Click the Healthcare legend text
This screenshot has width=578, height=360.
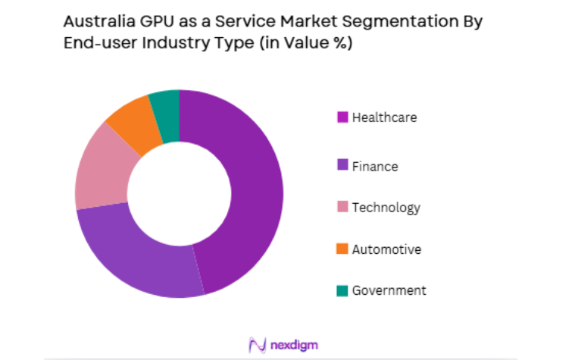384,117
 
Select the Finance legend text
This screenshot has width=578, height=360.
374,166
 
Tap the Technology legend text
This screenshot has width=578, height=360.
386,207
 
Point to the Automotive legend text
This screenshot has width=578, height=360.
386,249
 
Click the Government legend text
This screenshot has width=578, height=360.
389,290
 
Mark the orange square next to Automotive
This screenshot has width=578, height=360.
342,249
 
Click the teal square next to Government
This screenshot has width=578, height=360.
342,290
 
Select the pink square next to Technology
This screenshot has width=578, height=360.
342,207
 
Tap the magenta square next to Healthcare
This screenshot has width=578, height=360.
342,117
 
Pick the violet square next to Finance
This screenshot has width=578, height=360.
342,166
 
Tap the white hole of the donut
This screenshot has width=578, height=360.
180,193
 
